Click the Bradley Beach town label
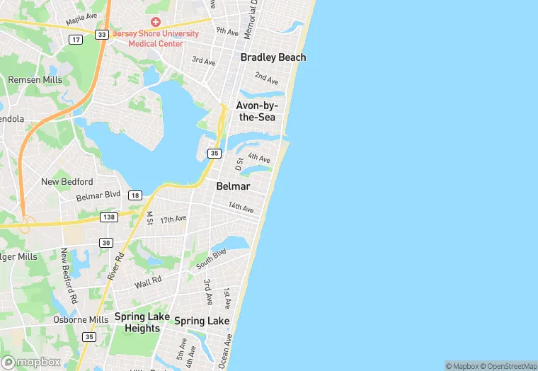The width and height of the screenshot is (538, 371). pyautogui.click(x=273, y=57)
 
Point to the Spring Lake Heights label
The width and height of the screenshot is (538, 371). pyautogui.click(x=142, y=322)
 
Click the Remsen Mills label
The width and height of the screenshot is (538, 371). pyautogui.click(x=35, y=80)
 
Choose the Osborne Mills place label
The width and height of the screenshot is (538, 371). pyautogui.click(x=81, y=319)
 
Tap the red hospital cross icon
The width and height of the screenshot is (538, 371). pyautogui.click(x=155, y=22)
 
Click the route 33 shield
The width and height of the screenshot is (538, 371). pyautogui.click(x=103, y=35)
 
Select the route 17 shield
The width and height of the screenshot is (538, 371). pyautogui.click(x=76, y=39)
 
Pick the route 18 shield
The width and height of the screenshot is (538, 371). pyautogui.click(x=134, y=195)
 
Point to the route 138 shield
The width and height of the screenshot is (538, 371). pyautogui.click(x=108, y=217)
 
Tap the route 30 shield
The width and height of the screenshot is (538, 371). pyautogui.click(x=105, y=243)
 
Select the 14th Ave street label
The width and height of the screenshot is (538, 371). pyautogui.click(x=241, y=207)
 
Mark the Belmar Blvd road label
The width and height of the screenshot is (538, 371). pyautogui.click(x=98, y=195)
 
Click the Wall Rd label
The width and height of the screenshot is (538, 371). pyautogui.click(x=148, y=283)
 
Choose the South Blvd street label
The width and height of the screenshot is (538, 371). pyautogui.click(x=211, y=258)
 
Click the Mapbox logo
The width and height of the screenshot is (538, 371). pyautogui.click(x=32, y=362)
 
